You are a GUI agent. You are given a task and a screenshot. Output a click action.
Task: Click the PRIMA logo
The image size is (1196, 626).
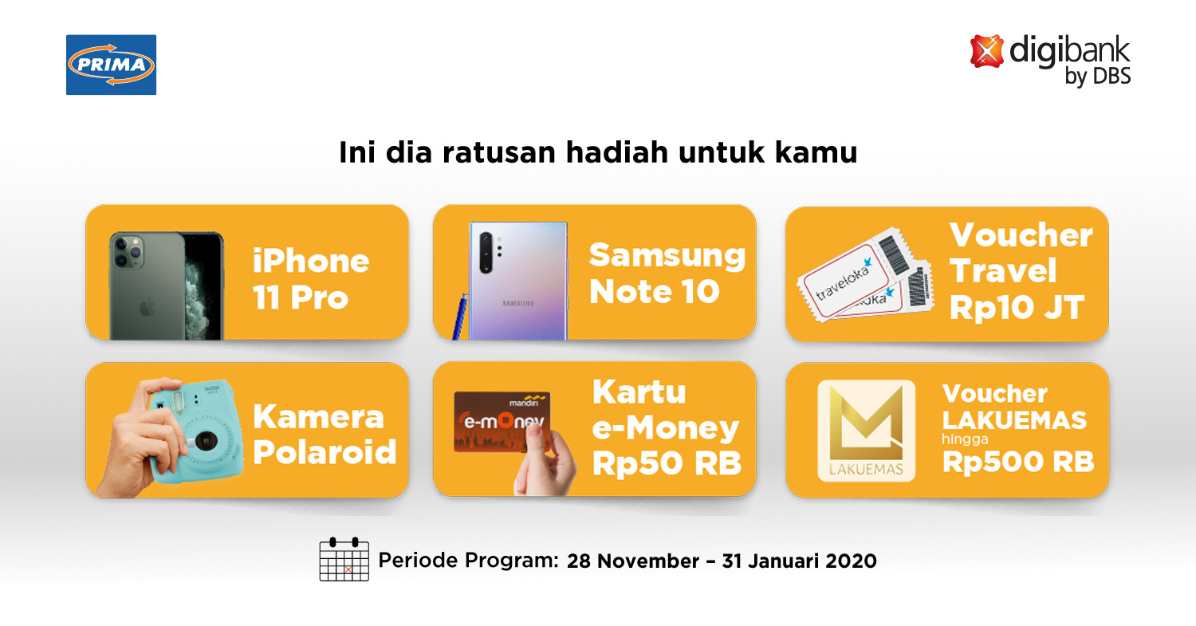pyautogui.click(x=111, y=65)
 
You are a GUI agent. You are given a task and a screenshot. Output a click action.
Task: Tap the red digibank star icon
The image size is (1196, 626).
pyautogui.click(x=986, y=51)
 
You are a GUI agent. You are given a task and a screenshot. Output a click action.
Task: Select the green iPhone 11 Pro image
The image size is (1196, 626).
pyautogui.click(x=167, y=285)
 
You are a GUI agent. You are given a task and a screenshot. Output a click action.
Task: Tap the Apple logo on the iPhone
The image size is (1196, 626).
pyautogui.click(x=147, y=309)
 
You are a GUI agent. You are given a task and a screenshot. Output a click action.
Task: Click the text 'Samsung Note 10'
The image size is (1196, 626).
pyautogui.click(x=667, y=273)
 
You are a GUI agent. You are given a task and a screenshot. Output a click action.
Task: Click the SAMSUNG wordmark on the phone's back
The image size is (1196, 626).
pyautogui.click(x=518, y=303)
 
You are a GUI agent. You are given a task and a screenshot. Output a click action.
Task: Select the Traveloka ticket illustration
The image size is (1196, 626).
pyautogui.click(x=865, y=275)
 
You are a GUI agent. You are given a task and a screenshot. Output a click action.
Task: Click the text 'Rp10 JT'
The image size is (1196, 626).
pyautogui.click(x=1017, y=308)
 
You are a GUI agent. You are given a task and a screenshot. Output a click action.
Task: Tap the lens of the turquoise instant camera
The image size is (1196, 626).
pyautogui.click(x=206, y=441)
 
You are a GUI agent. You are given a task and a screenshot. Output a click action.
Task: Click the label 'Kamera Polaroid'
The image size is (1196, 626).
pyautogui.click(x=324, y=435)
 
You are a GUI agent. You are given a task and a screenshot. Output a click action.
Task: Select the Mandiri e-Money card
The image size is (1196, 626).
pyautogui.click(x=502, y=422)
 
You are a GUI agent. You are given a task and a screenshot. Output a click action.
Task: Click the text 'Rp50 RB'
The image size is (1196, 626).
pyautogui.click(x=667, y=463)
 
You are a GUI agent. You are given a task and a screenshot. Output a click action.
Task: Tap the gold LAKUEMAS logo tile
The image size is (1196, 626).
pyautogui.click(x=866, y=431)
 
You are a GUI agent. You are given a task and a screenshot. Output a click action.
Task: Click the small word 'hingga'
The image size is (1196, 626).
pyautogui.click(x=965, y=439)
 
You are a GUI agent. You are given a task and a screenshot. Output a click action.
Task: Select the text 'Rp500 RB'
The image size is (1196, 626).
pyautogui.click(x=1018, y=462)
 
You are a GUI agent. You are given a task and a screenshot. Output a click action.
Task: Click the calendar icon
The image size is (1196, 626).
pyautogui.click(x=344, y=559)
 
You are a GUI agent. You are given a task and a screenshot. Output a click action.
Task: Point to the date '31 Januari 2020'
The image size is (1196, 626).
pyautogui.click(x=799, y=561)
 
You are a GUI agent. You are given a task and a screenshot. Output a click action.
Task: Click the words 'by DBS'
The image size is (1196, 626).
pyautogui.click(x=1098, y=77)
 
